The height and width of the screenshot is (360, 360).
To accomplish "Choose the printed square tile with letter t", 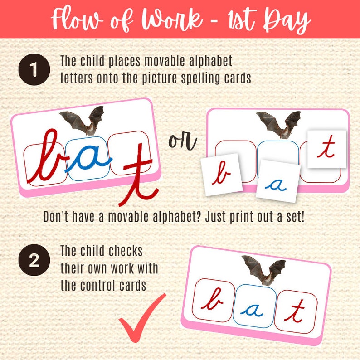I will coord(326,149).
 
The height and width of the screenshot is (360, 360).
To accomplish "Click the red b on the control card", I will coord(212,301).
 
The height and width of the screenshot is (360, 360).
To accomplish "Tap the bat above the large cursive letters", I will coord(82,120).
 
